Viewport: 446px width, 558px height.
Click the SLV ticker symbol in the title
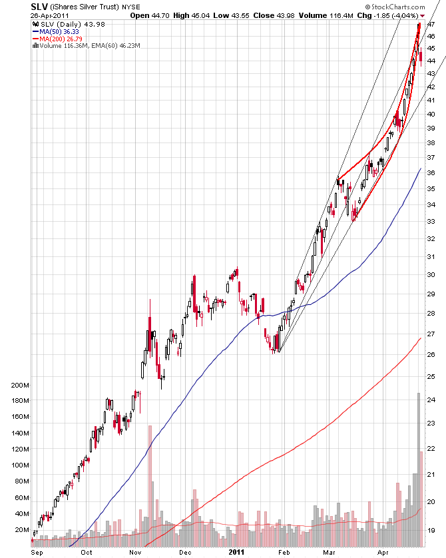(x=39, y=6)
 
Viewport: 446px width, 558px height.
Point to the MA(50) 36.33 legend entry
(x=59, y=31)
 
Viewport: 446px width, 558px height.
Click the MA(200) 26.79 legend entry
(x=61, y=38)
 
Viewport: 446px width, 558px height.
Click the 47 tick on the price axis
(x=431, y=25)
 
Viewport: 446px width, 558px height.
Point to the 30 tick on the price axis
(x=431, y=274)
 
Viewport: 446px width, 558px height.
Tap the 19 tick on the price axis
(x=431, y=531)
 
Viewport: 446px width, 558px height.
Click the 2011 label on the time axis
(x=237, y=552)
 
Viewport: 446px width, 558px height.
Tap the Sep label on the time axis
(x=37, y=552)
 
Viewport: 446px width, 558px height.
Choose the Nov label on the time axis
(x=135, y=552)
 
